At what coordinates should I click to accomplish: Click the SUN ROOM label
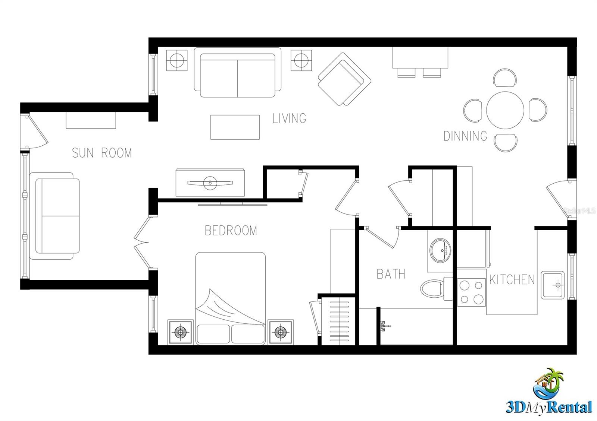click(x=101, y=153)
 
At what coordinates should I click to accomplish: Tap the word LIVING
click(x=289, y=118)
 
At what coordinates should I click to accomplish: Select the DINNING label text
click(x=465, y=136)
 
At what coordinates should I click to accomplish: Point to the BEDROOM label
click(x=231, y=231)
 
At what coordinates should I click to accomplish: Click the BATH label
click(x=391, y=274)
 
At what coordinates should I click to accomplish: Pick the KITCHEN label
click(x=512, y=279)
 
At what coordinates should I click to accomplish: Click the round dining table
click(x=505, y=110)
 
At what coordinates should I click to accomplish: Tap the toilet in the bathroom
click(x=433, y=288)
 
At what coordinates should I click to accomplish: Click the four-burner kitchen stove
click(x=471, y=292)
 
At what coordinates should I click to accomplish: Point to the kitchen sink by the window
click(x=553, y=285)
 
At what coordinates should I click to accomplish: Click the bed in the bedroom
click(x=231, y=298)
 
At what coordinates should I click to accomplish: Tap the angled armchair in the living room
click(x=344, y=79)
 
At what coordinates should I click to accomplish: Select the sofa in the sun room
click(x=55, y=216)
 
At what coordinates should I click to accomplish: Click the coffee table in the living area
click(x=235, y=127)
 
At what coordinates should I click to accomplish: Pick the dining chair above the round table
click(x=505, y=78)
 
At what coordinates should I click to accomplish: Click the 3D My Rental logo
click(x=548, y=391)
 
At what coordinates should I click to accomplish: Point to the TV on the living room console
click(x=210, y=183)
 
